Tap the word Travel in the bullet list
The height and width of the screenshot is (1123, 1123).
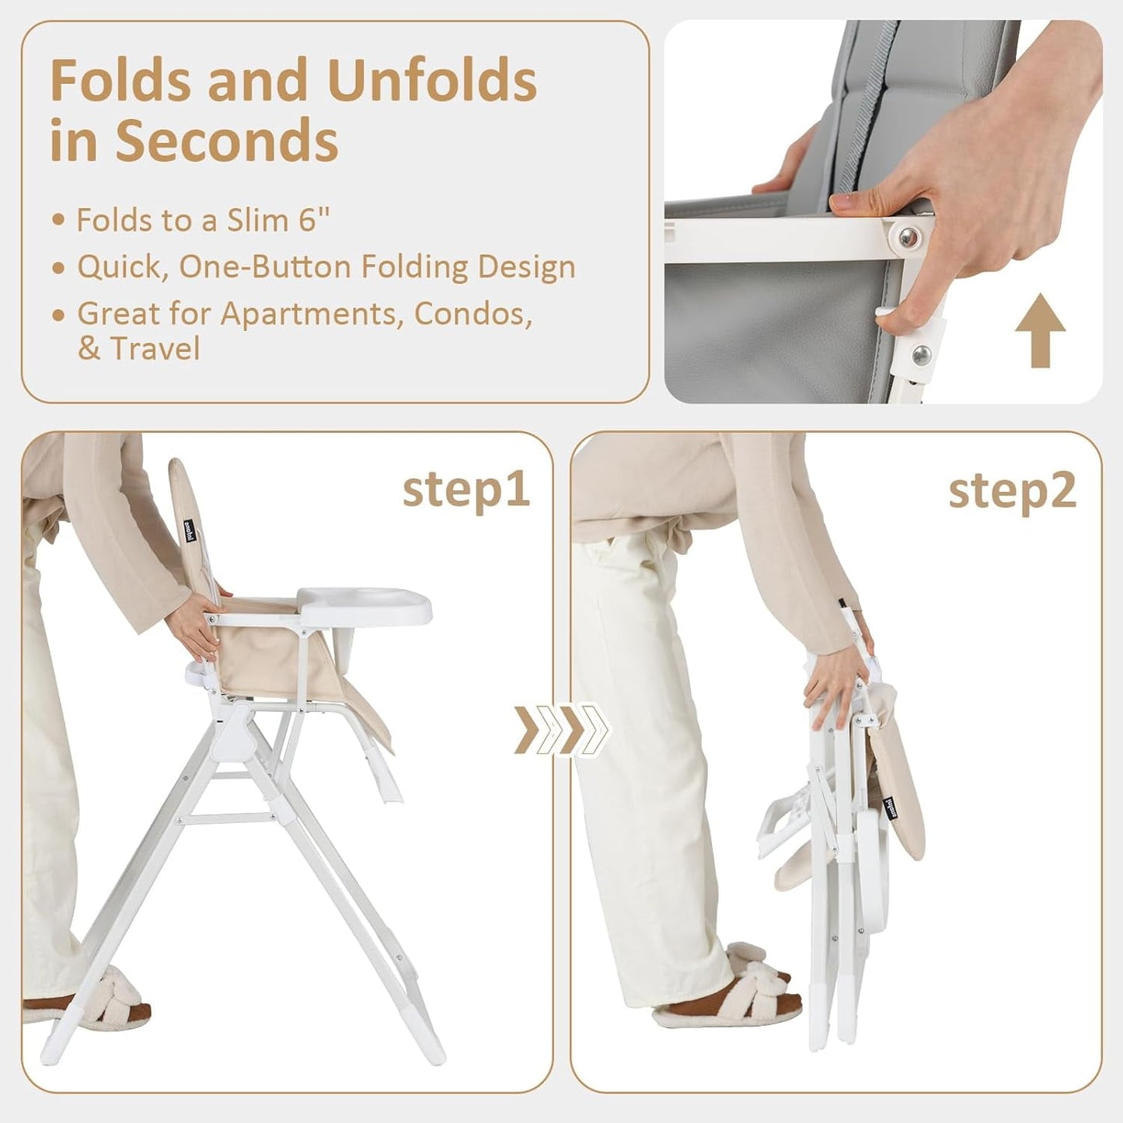point(155,348)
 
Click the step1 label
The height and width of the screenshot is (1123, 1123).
point(466,490)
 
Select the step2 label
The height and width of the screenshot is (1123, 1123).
point(1012,490)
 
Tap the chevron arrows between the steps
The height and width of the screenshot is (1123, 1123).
point(561,729)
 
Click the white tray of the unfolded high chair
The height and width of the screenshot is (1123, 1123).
point(365,604)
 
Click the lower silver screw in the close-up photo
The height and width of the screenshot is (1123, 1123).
point(922,354)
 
